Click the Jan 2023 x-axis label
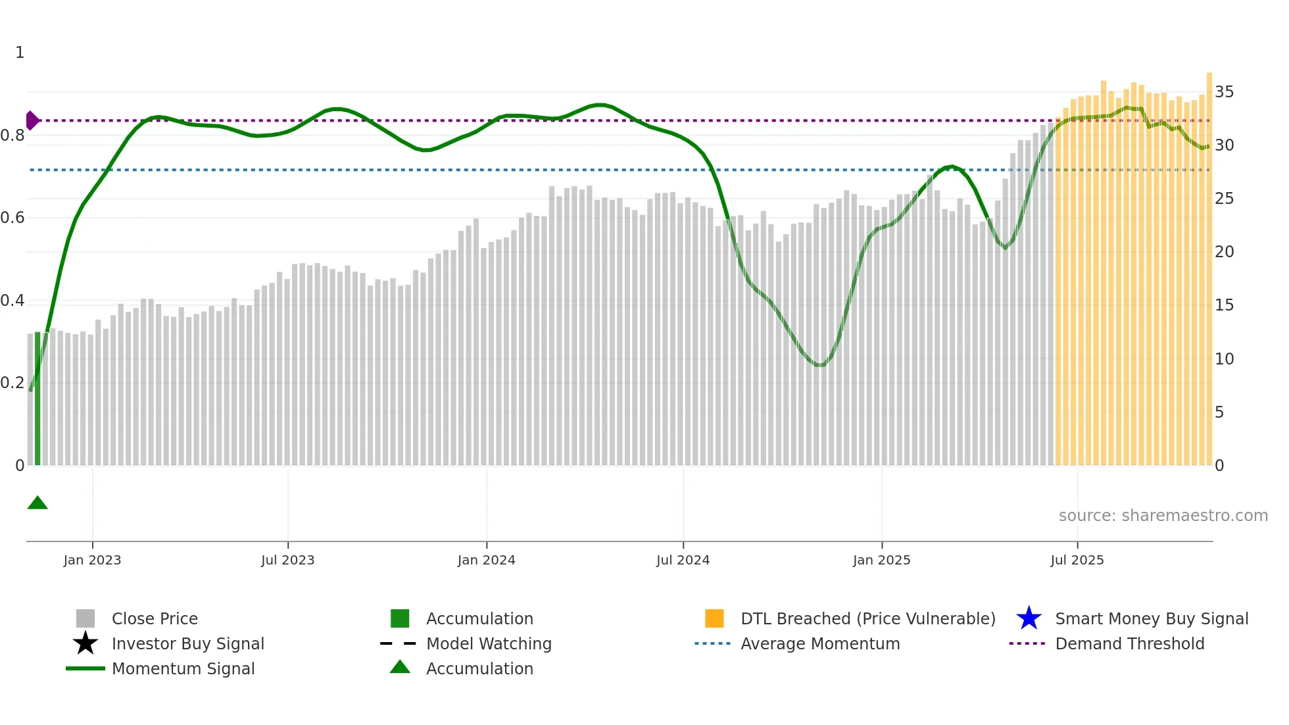pyautogui.click(x=92, y=560)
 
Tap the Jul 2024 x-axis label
pyautogui.click(x=683, y=560)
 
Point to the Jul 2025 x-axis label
pyautogui.click(x=1077, y=560)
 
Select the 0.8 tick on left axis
pyautogui.click(x=12, y=136)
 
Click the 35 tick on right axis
pyautogui.click(x=1224, y=92)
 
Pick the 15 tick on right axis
pyautogui.click(x=1224, y=305)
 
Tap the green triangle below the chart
pyautogui.click(x=37, y=503)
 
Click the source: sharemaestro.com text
pyautogui.click(x=1163, y=516)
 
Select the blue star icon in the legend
pyautogui.click(x=1029, y=618)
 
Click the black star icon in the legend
pyautogui.click(x=85, y=643)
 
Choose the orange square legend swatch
pyautogui.click(x=714, y=618)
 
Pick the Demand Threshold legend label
pyautogui.click(x=1129, y=643)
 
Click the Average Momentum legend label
pyautogui.click(x=820, y=643)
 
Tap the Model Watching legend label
pyautogui.click(x=489, y=643)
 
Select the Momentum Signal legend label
pyautogui.click(x=183, y=668)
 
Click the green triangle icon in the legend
pyautogui.click(x=400, y=667)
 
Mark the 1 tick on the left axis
pyautogui.click(x=20, y=53)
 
